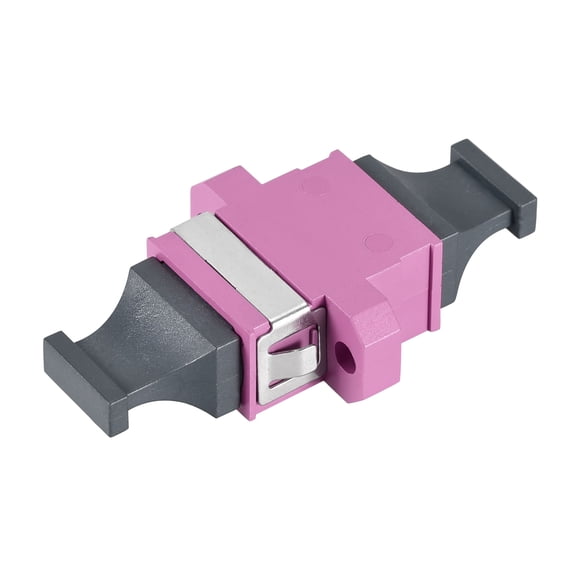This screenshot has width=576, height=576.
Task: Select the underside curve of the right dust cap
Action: pos(470,250)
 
